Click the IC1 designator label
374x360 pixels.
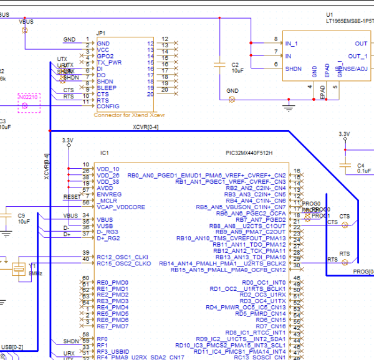104,153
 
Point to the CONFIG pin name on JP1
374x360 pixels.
108,107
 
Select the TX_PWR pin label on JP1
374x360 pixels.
109,63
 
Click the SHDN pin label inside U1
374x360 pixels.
294,69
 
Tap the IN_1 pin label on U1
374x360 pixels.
292,44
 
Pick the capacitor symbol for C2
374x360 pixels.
219,64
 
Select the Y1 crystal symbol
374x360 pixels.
17,268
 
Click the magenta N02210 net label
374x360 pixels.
28,97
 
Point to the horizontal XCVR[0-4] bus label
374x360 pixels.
145,127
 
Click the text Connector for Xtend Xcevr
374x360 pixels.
129,115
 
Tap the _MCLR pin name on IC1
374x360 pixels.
107,201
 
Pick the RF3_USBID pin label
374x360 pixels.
112,351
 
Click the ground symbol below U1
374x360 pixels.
288,107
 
